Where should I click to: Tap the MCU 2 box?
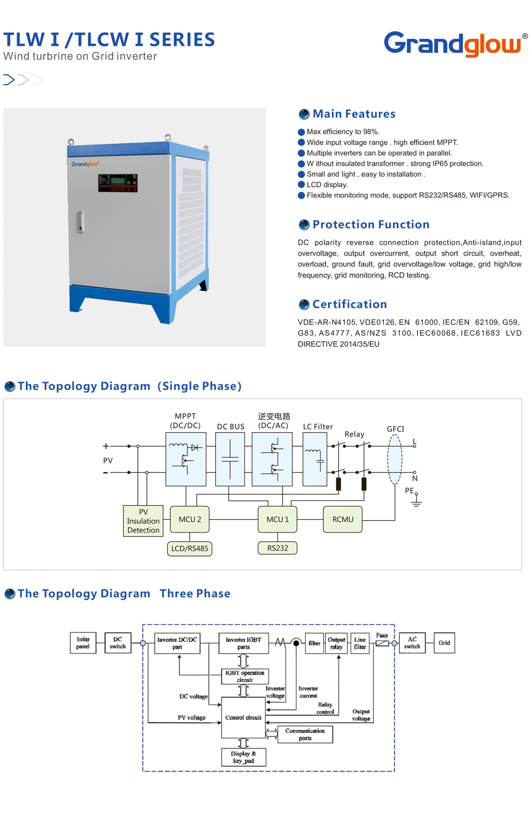point(190,519)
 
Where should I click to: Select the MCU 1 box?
point(277,519)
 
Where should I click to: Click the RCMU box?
point(343,519)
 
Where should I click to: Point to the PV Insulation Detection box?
point(143,521)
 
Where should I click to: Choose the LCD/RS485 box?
point(190,549)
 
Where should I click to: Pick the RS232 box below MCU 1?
point(277,548)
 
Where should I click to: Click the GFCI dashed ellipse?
point(395,459)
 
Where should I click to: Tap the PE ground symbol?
point(416,500)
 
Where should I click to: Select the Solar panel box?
point(83,643)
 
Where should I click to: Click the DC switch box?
point(118,643)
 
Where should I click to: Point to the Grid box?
point(444,643)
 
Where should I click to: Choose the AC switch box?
point(412,643)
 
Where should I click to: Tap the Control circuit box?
point(243,717)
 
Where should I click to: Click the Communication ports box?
point(305,734)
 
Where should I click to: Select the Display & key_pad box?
point(244,757)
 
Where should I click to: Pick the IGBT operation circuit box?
point(245,676)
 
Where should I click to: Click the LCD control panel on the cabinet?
point(118,183)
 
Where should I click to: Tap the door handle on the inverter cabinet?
point(80,221)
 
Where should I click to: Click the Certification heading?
point(349,304)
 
